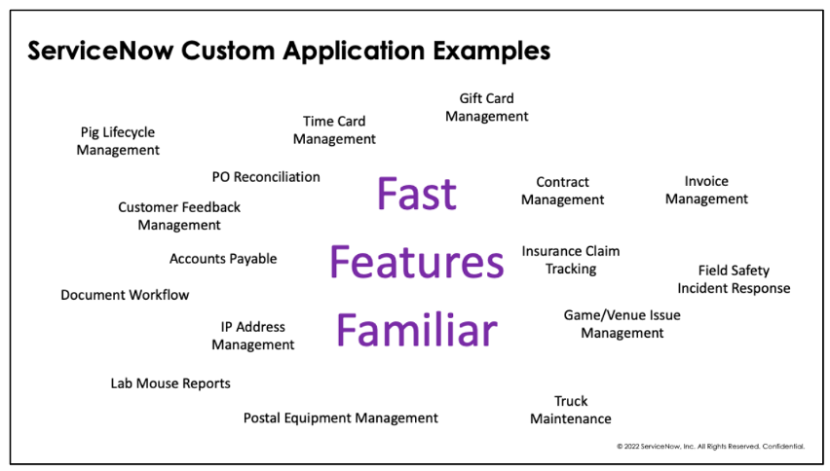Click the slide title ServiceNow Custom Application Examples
288,50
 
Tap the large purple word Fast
416,194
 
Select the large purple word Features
416,262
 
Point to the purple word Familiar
416,331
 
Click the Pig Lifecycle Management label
118,141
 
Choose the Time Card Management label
334,130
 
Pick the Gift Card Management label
486,107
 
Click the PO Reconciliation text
266,177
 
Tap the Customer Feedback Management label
179,216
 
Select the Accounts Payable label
223,259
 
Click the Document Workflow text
125,295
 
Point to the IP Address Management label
252,336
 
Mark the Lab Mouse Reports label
170,383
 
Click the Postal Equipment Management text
340,417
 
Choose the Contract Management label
562,191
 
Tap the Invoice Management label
706,190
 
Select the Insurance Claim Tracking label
570,260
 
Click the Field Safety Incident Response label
734,279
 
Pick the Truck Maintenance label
571,410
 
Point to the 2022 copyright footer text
710,447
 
